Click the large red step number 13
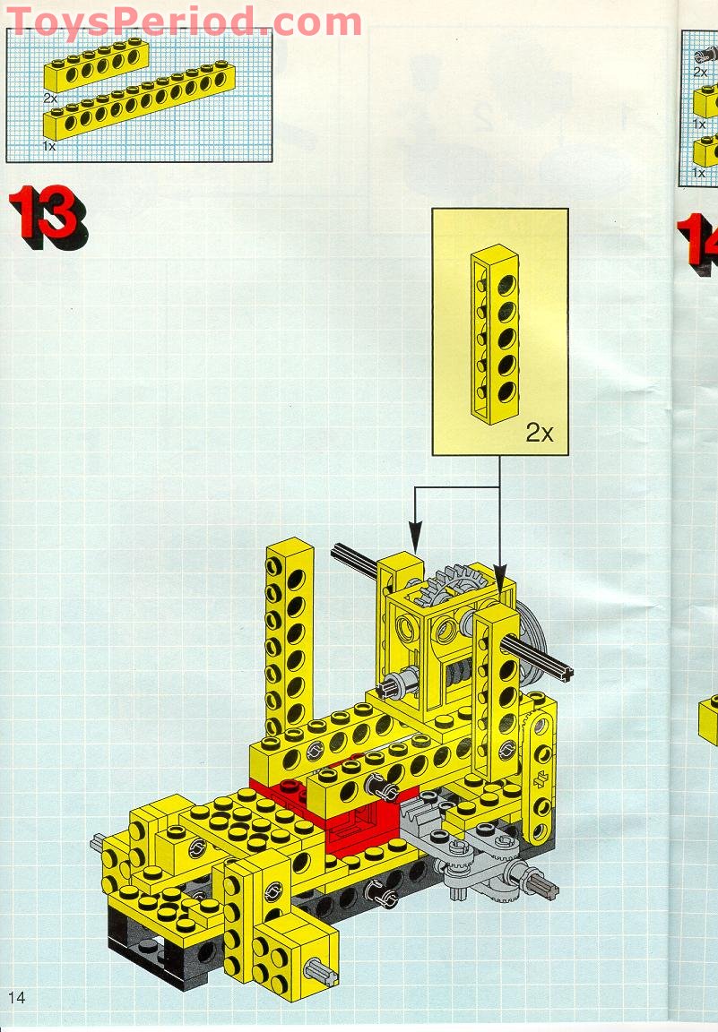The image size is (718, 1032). tap(48, 217)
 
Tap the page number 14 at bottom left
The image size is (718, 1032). tap(16, 997)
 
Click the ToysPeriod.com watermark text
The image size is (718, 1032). tap(185, 21)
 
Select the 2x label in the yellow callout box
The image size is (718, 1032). tap(540, 433)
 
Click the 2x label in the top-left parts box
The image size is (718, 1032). tap(50, 98)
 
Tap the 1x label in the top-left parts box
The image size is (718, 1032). tap(48, 147)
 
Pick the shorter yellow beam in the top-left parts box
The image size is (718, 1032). tap(96, 65)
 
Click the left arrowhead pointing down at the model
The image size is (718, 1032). tap(415, 535)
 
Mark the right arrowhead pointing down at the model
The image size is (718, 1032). tap(500, 572)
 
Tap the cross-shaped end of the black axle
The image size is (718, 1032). tap(565, 672)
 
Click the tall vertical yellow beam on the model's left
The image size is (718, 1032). tap(289, 636)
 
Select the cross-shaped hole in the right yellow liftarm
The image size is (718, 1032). tap(544, 778)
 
